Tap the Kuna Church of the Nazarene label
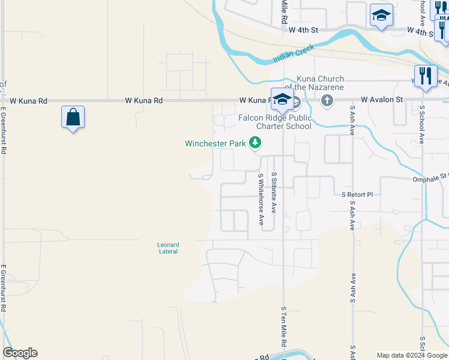coord(321,83)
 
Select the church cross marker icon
coord(327,100)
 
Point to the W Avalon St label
coord(384,100)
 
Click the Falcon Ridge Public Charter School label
coord(275,122)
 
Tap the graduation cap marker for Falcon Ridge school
coord(281,100)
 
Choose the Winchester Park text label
coord(215,143)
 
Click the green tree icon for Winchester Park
coord(256,143)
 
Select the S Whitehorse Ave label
coord(261,199)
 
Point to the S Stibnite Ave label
coord(274,193)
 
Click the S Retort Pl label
coord(357,195)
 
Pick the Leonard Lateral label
coord(168,248)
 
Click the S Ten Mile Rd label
coord(283,325)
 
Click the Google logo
coord(20,353)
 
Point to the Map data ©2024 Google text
coord(411,355)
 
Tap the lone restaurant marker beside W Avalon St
coord(426,76)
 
